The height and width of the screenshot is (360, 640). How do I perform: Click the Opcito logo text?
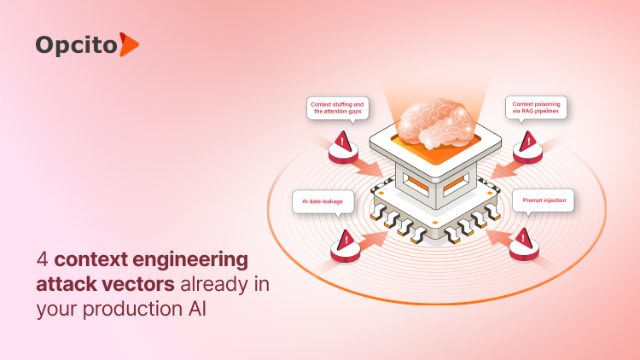(x=76, y=44)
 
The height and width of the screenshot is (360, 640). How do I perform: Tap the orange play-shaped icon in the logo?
(x=128, y=44)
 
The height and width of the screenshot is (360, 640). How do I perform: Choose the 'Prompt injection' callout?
(x=544, y=201)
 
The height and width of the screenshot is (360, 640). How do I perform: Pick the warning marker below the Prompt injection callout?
(x=523, y=241)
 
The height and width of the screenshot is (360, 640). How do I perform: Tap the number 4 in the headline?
(x=41, y=259)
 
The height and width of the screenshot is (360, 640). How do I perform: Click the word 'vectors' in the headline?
(x=128, y=284)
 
